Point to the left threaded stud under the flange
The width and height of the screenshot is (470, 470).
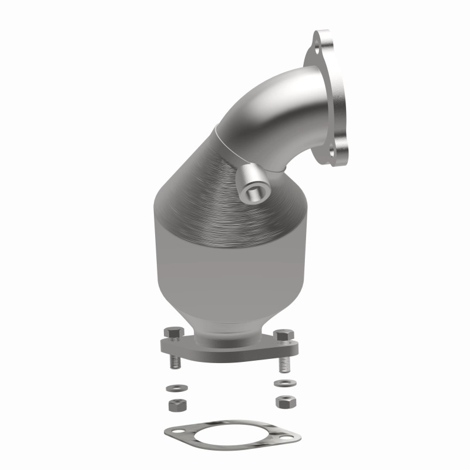click(175, 361)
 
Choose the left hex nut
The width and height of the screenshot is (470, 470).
click(174, 405)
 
